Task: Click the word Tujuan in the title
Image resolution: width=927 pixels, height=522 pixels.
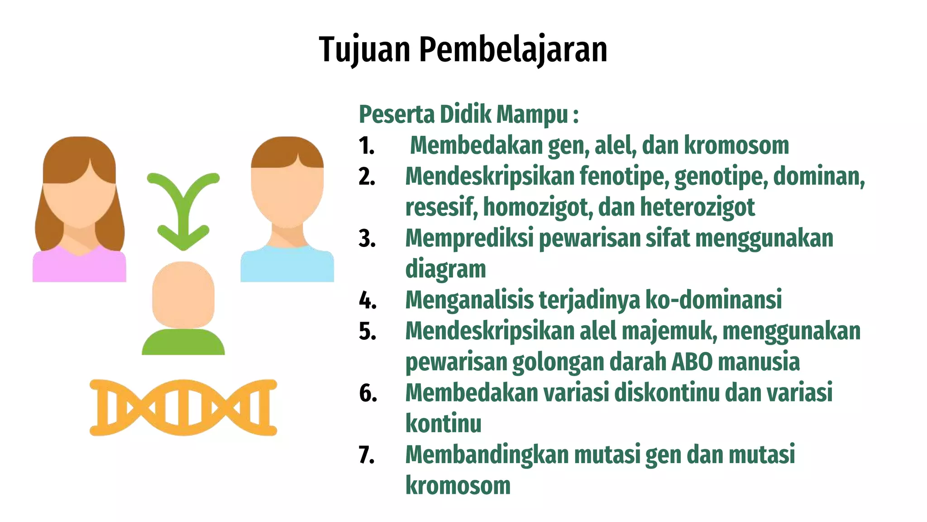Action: pos(365,50)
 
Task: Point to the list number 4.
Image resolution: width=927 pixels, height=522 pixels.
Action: pos(368,300)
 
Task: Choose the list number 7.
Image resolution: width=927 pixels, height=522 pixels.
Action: pos(367,455)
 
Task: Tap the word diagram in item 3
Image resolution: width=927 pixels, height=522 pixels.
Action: pos(445,269)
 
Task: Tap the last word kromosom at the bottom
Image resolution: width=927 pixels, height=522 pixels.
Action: pos(458,485)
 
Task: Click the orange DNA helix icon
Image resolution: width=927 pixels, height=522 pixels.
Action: pos(183,407)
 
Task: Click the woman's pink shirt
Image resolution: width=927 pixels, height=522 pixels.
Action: pos(79,267)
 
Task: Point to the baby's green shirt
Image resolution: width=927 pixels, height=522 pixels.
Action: pos(183,343)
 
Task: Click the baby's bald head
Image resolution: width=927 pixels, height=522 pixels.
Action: pos(183,295)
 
